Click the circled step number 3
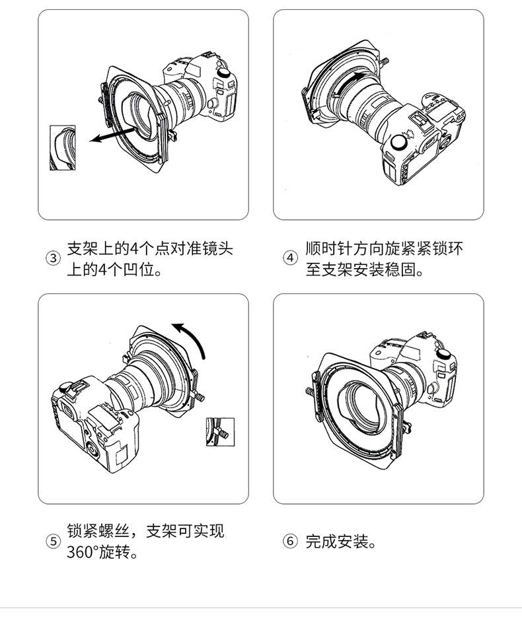pos(53,259)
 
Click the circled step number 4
pos(291,258)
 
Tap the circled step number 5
pos(53,542)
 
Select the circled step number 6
pos(291,542)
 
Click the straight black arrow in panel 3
pos(112,135)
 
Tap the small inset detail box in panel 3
pos(63,148)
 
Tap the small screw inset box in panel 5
pos(221,432)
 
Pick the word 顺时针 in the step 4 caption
pos(329,248)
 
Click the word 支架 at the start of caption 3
pos(83,248)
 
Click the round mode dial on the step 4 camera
pos(398,143)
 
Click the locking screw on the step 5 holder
pos(199,396)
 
